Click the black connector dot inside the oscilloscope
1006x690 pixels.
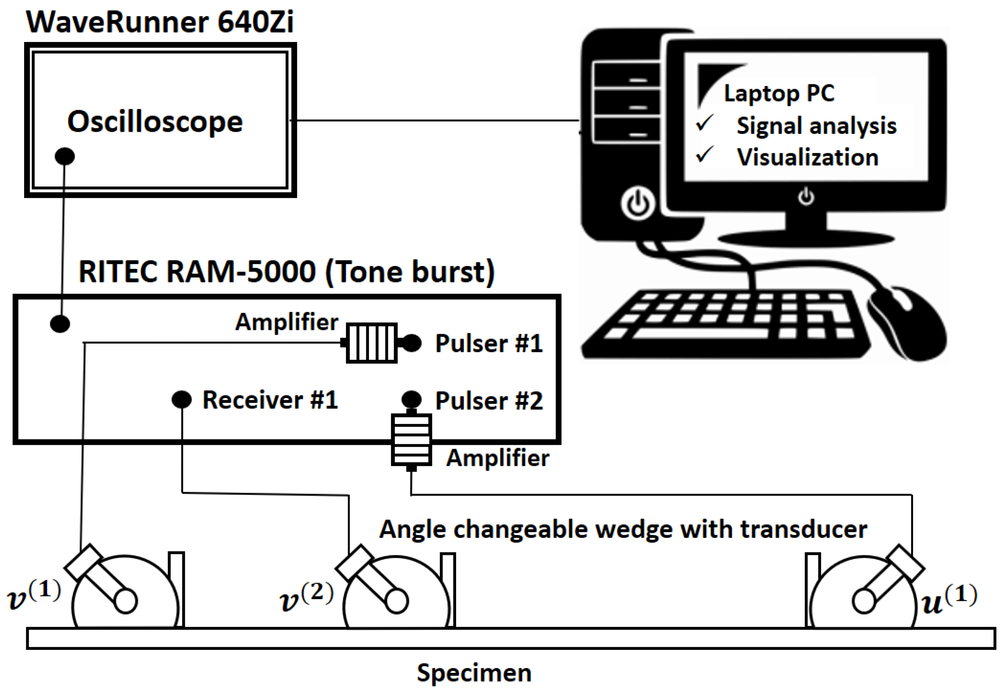65,156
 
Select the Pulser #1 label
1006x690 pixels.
489,343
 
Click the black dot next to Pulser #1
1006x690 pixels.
412,343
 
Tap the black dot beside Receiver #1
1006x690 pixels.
181,399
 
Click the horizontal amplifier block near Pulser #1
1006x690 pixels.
371,343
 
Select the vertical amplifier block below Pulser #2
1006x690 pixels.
411,440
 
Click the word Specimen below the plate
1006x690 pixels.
474,673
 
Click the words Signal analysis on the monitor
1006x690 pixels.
816,126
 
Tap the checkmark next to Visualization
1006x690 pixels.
705,155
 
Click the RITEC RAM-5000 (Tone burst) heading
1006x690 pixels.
286,272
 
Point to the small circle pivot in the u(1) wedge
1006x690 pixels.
864,601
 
